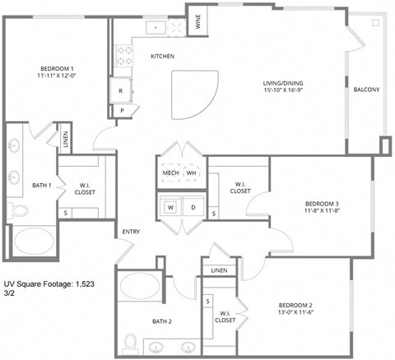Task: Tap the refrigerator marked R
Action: click(x=121, y=91)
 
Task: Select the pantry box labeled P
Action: click(x=122, y=110)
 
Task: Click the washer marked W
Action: click(x=170, y=207)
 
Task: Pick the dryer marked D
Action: click(x=193, y=207)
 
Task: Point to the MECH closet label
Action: click(x=170, y=173)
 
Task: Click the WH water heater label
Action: click(x=192, y=173)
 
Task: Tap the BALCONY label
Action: click(x=366, y=90)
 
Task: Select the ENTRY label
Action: click(x=131, y=232)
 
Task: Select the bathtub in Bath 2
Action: click(x=140, y=287)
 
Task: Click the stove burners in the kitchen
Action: click(x=126, y=55)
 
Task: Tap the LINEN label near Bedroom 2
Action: click(x=218, y=270)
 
